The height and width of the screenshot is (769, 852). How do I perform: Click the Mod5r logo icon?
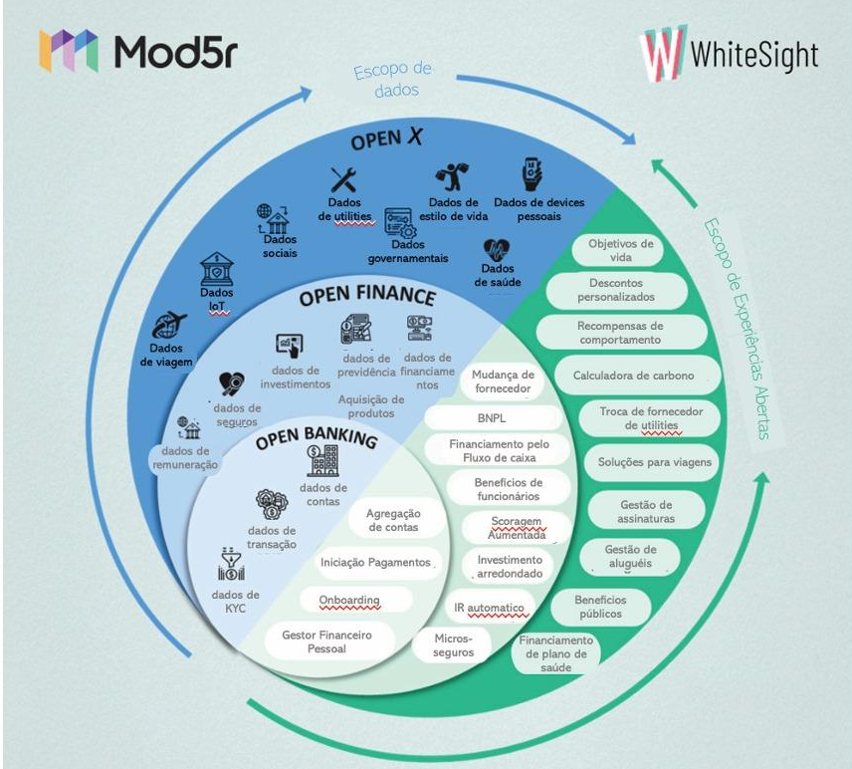click(x=69, y=51)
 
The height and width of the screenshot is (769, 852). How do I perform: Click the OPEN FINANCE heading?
click(x=367, y=297)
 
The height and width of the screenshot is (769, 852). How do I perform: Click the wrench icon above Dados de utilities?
click(x=343, y=180)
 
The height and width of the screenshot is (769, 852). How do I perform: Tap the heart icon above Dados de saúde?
click(x=497, y=249)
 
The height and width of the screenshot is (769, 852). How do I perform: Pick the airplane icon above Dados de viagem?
click(x=169, y=324)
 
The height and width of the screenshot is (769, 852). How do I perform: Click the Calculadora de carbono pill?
click(x=633, y=376)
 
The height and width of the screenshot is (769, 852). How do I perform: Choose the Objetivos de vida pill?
click(x=620, y=250)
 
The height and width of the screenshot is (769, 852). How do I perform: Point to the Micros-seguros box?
click(x=454, y=644)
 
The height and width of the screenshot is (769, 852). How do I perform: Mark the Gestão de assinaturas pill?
click(x=646, y=512)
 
